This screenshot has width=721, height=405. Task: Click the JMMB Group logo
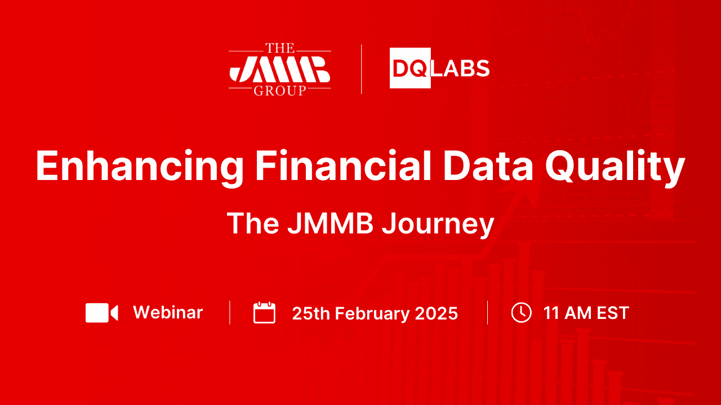[x=279, y=70]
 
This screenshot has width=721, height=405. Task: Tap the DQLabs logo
[x=439, y=69]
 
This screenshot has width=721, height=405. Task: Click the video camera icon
[x=102, y=313]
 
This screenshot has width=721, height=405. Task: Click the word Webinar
[x=168, y=312]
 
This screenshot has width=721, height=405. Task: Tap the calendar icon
[x=264, y=313]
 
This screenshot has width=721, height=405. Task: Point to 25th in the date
[x=310, y=313]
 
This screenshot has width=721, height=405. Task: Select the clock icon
[x=521, y=313]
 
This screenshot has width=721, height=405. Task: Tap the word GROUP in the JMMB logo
[x=279, y=91]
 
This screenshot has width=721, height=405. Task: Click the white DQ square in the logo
[x=410, y=69]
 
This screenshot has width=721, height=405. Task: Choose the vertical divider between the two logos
[x=361, y=69]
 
